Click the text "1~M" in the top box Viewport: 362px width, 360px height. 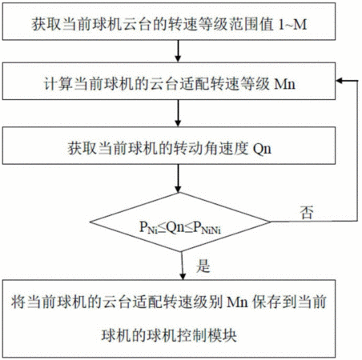(x=292, y=24)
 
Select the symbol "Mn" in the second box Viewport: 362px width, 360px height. (x=285, y=84)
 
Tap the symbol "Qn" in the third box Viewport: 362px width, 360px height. (x=262, y=149)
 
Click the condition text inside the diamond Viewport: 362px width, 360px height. (x=180, y=228)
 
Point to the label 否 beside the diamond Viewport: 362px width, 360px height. (x=306, y=213)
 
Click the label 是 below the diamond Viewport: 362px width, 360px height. (x=203, y=266)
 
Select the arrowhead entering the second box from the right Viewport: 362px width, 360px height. (x=339, y=81)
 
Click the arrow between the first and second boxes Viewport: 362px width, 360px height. (x=178, y=51)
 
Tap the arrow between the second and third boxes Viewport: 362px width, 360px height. (x=178, y=113)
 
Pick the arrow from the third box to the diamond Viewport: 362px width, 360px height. (x=178, y=178)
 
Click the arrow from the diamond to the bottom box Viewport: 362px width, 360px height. (x=183, y=266)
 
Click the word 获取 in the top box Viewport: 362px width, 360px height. (x=46, y=24)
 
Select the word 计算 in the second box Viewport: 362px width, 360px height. (x=58, y=84)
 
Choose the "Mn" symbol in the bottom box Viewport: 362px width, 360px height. (x=238, y=302)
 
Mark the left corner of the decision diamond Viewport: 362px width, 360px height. (x=90, y=222)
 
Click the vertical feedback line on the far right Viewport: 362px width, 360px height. (x=357, y=150)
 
